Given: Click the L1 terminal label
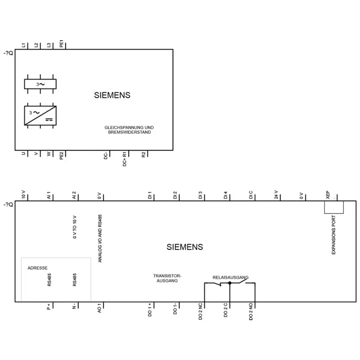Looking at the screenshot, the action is [23, 45].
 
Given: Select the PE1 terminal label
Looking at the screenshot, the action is [61, 44].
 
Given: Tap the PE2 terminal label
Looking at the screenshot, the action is [61, 155].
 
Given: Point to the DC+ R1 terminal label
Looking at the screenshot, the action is [125, 159].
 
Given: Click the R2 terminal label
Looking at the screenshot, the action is [144, 155].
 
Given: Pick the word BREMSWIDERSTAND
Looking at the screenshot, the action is [130, 132].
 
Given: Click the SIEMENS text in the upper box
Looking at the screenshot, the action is [112, 95].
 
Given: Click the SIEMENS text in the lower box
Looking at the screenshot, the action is [185, 247].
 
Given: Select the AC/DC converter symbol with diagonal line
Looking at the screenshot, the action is [40, 116].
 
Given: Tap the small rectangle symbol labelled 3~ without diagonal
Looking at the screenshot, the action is [40, 84].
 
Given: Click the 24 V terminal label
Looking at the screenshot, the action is [276, 195].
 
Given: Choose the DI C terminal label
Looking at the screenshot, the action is [251, 195].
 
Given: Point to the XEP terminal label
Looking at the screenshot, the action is [328, 195].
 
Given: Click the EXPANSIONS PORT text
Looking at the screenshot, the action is [334, 235].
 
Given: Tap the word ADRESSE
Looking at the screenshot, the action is [37, 268].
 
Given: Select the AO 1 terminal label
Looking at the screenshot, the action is [99, 308].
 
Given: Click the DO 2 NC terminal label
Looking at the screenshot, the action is [200, 311].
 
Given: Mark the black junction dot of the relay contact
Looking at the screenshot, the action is [230, 283].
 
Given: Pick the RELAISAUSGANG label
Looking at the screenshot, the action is [230, 277].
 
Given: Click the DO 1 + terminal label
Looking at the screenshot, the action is [150, 310].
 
